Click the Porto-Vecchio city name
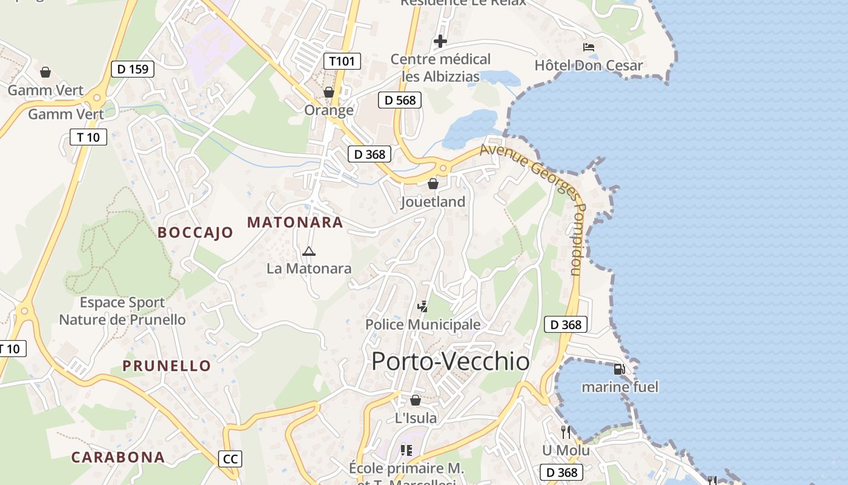click(x=450, y=361)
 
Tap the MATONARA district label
click(x=295, y=222)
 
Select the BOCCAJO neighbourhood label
click(x=195, y=232)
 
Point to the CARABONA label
click(x=118, y=457)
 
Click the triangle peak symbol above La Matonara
click(x=309, y=251)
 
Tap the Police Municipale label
click(x=423, y=325)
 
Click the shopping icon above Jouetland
click(x=433, y=184)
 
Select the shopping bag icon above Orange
click(x=329, y=92)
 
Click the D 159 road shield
click(x=133, y=69)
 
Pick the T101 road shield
click(x=342, y=61)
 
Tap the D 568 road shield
click(x=400, y=100)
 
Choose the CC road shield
click(x=230, y=459)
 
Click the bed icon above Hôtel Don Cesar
click(x=589, y=47)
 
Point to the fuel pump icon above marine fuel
click(x=619, y=369)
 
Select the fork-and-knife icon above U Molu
click(x=566, y=432)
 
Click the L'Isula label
click(x=416, y=418)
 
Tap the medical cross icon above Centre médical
click(x=440, y=41)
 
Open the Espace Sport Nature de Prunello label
click(x=122, y=311)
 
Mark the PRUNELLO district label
click(x=167, y=366)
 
